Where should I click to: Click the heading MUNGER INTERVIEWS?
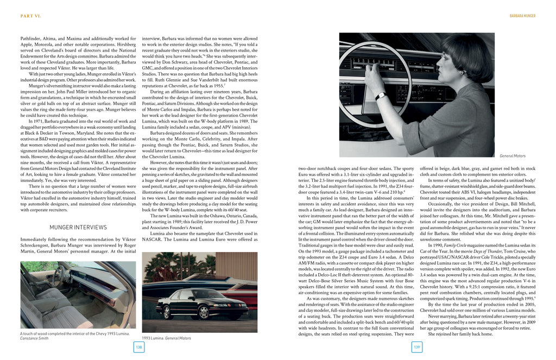pyautogui.click(x=78, y=227)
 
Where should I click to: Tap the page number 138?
pyautogui.click(x=139, y=347)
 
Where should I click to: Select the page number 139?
pyautogui.click(x=417, y=347)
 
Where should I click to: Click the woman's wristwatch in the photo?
pyautogui.click(x=381, y=96)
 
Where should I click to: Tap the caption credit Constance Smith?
pyautogui.click(x=34, y=338)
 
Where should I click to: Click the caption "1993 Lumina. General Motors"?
pyautogui.click(x=166, y=338)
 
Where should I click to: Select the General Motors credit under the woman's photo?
pyautogui.click(x=513, y=156)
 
